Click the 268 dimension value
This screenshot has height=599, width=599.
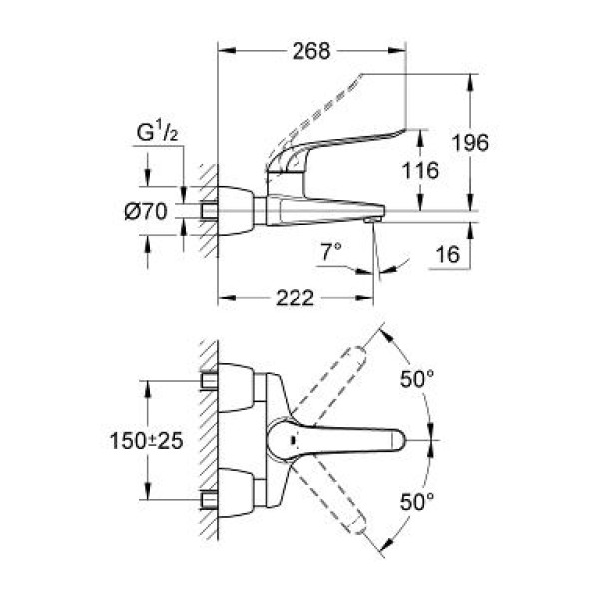pos(310,51)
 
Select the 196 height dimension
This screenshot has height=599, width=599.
pos(470,143)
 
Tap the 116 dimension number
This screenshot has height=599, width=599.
pos(420,170)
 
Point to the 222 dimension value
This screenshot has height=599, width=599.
pos(295,298)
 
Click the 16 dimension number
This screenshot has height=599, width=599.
pos(447,254)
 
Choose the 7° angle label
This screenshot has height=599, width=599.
pos(330,252)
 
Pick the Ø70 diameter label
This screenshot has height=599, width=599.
pos(146,211)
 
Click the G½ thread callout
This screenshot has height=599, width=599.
pos(157,133)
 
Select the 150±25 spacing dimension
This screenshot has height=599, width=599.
pos(147,441)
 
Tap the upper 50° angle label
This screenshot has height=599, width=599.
pos(417,379)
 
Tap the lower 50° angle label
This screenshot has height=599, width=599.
pos(417,501)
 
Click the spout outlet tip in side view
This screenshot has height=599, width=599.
pos(372,220)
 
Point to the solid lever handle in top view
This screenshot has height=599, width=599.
pos(335,440)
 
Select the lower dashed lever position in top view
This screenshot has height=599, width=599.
pos(331,496)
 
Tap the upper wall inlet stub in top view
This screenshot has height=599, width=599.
pos(209,381)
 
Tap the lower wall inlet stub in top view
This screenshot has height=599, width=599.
pos(209,500)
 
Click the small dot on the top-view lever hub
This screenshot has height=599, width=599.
pos(293,440)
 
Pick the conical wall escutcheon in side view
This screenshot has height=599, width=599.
pos(236,211)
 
